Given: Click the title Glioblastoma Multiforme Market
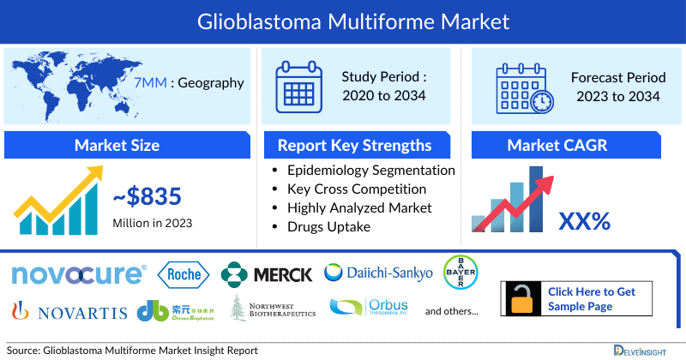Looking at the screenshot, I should [x=343, y=18].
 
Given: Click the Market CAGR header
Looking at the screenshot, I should [x=557, y=145].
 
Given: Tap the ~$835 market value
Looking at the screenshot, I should [x=147, y=197].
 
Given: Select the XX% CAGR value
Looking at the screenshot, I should [x=584, y=222].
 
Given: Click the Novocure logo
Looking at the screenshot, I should [x=78, y=274].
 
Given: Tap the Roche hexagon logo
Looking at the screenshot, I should [x=184, y=274].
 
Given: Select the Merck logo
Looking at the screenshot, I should [x=267, y=274].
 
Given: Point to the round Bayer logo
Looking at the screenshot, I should [x=460, y=273].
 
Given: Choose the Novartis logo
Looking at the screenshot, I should [x=69, y=309].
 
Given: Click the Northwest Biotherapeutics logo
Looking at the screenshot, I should [x=273, y=308].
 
